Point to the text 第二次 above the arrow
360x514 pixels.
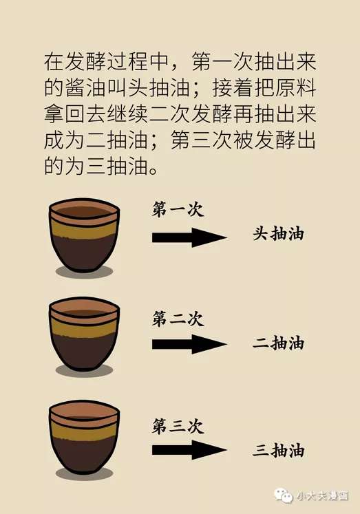(x=178, y=318)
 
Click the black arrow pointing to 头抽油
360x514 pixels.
(x=189, y=237)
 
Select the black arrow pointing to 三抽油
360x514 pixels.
(x=189, y=450)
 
